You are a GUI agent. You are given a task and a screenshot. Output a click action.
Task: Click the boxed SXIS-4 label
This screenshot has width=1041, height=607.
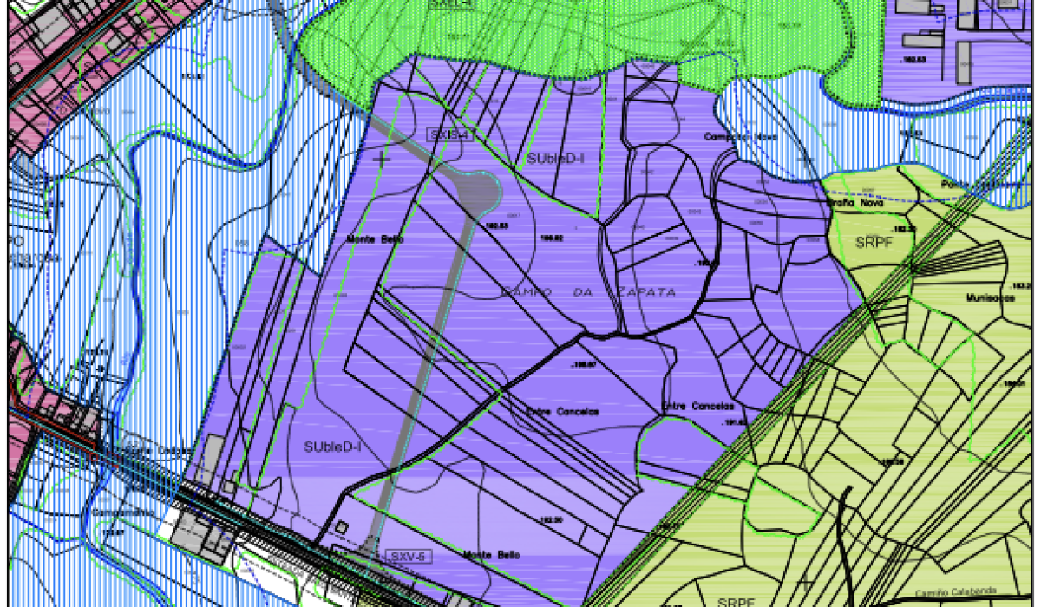coord(449,135)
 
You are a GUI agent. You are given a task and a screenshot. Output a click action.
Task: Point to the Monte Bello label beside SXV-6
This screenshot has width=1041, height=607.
coord(491,555)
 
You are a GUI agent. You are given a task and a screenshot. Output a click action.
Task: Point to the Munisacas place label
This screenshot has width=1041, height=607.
coord(989,297)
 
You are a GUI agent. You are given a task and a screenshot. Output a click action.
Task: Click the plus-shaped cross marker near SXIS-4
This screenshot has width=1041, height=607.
coord(381,160)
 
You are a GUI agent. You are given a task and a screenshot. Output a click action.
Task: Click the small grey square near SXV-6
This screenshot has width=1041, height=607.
coord(342,526)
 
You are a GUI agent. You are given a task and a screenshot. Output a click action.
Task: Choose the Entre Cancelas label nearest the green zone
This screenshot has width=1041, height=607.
coord(697,406)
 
